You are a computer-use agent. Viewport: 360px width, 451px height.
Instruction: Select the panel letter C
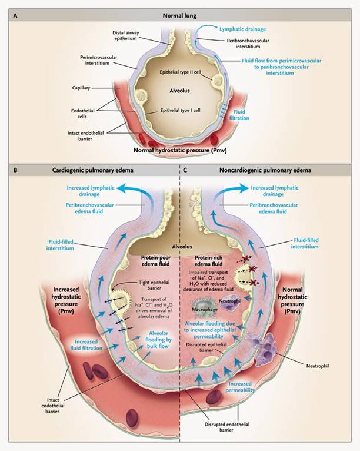point(186,172)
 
